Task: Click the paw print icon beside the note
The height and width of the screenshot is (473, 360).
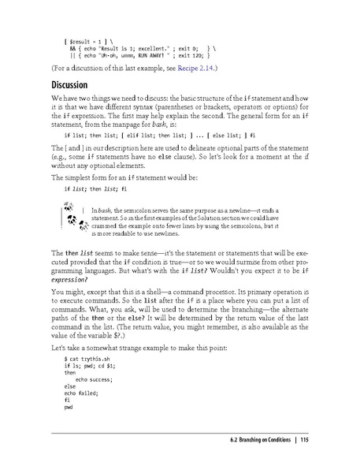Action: (76, 218)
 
